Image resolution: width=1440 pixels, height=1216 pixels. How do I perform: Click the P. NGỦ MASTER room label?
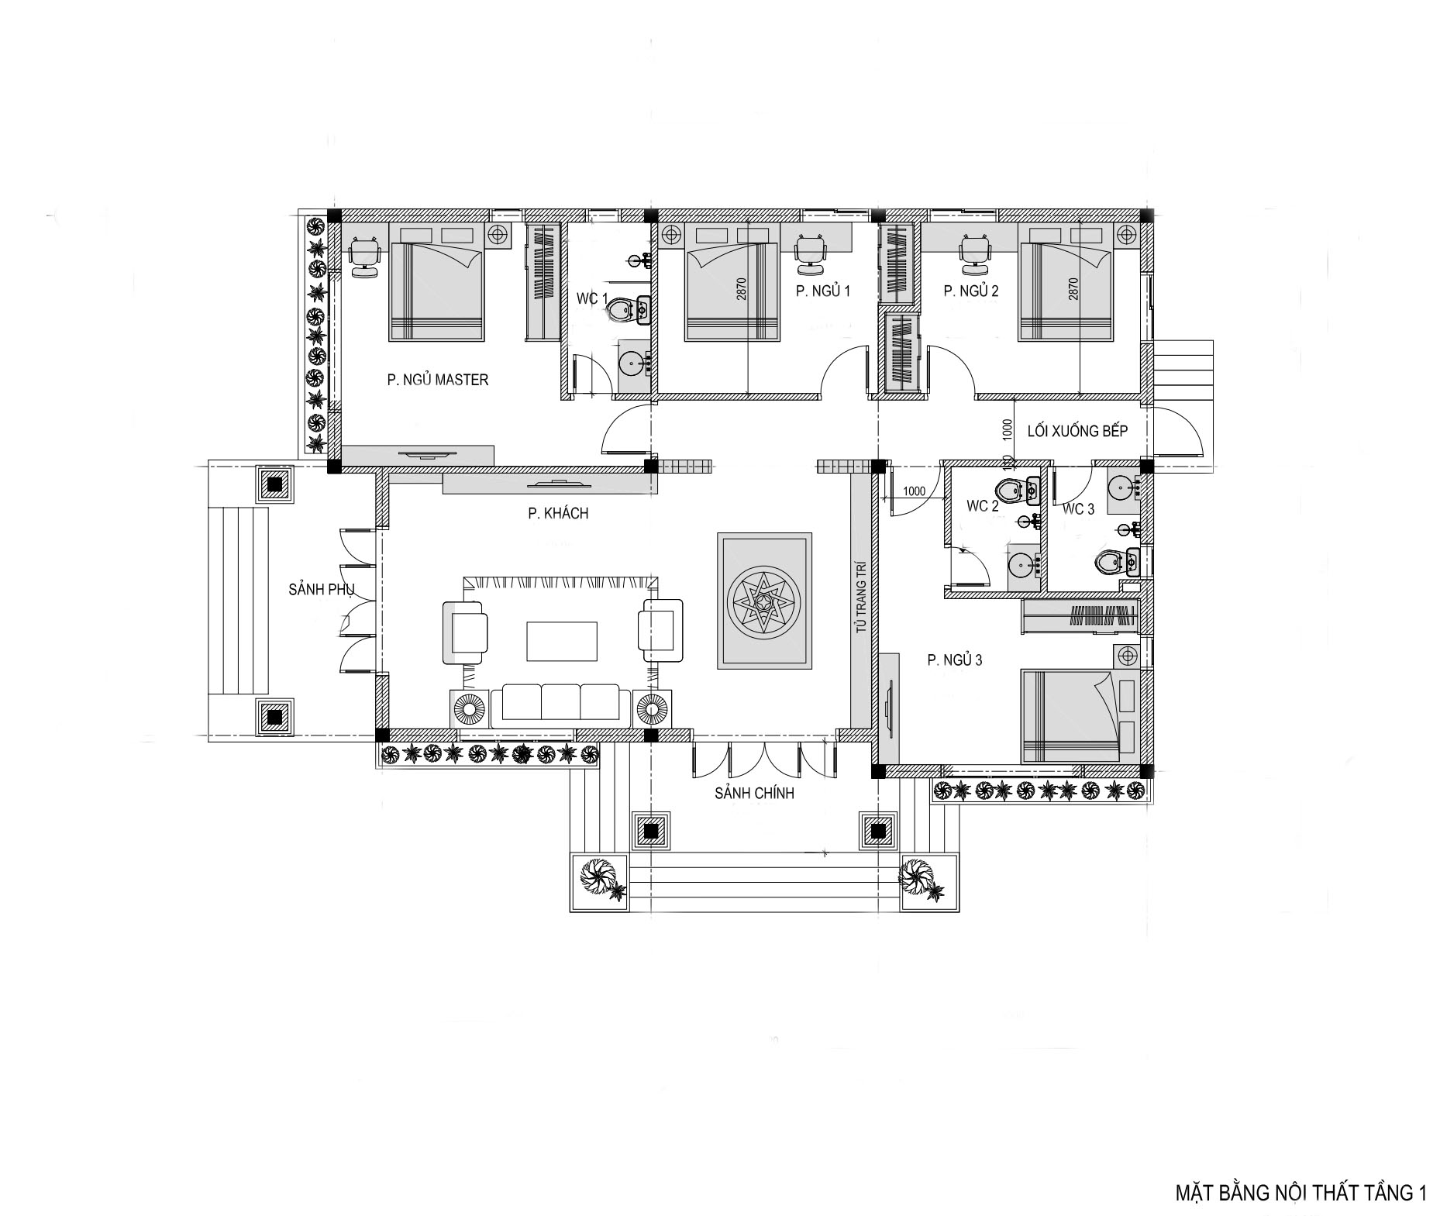pos(438,380)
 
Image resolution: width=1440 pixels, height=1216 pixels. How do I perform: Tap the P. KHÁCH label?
pos(558,513)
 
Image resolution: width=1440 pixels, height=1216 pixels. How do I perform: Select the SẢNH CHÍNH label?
pos(754,793)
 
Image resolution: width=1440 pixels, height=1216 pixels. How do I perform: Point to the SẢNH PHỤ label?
pos(322,590)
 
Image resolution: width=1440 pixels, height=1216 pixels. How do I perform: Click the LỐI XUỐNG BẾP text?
pos(1077,431)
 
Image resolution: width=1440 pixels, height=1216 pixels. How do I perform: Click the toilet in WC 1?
pos(628,311)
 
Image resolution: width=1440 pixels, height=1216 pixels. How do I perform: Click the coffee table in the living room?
pos(562,641)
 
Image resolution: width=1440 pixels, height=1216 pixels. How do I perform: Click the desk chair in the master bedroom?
pos(363,256)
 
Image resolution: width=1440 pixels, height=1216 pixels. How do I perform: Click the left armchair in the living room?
pos(465,632)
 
